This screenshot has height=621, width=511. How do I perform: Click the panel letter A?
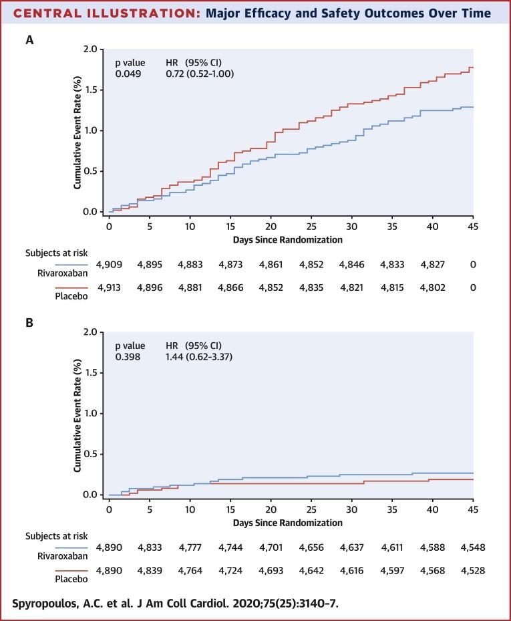point(29,40)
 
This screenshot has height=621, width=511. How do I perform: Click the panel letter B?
point(29,322)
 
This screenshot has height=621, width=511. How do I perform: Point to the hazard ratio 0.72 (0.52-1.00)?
point(200,74)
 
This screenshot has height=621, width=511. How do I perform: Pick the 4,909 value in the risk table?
point(110,265)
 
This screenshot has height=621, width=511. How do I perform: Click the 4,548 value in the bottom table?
point(473,547)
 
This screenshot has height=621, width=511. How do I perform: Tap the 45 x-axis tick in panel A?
point(473,226)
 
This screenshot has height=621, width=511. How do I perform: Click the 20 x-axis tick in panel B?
point(271,509)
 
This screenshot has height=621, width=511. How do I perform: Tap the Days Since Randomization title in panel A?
point(289,239)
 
